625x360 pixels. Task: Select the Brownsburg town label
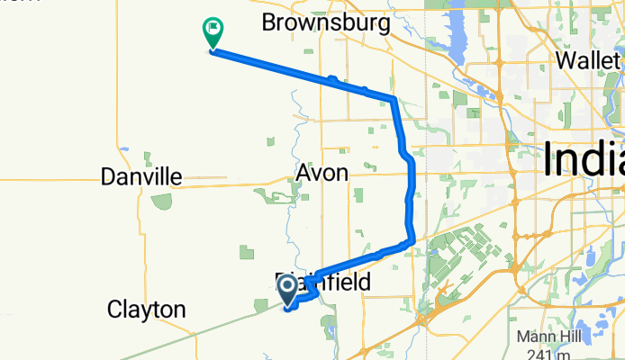pyautogui.click(x=325, y=22)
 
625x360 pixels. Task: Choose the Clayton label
pyautogui.click(x=146, y=310)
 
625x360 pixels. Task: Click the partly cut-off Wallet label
pyautogui.click(x=590, y=59)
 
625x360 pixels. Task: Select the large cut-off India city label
pyautogui.click(x=584, y=162)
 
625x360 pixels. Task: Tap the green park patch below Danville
pyautogui.click(x=161, y=201)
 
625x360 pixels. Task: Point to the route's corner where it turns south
pyautogui.click(x=394, y=97)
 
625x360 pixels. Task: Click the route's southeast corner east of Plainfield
pyautogui.click(x=411, y=240)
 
